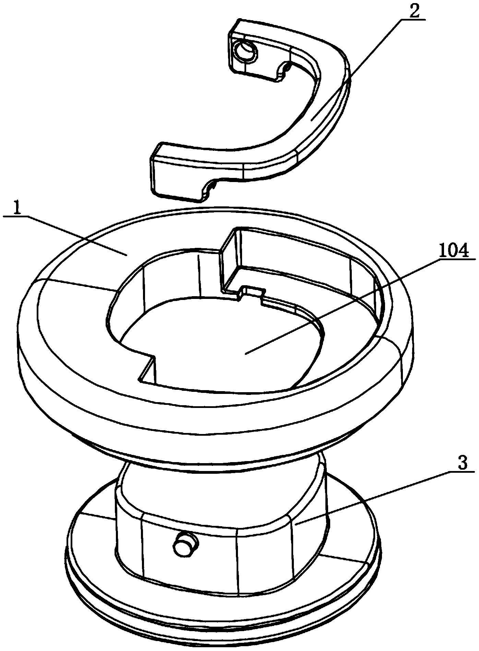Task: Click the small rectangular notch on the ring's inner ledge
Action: pos(252,291)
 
